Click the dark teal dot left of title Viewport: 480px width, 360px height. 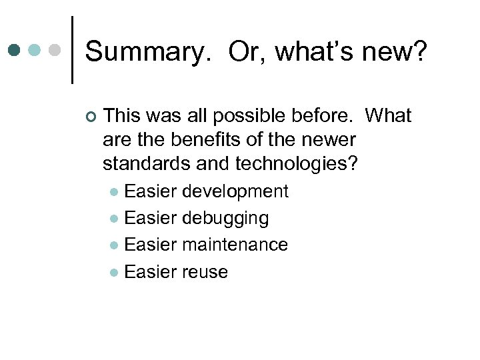pyautogui.click(x=15, y=51)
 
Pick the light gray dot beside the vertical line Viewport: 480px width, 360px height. pyautogui.click(x=55, y=51)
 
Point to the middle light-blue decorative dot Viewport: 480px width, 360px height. pyautogui.click(x=35, y=51)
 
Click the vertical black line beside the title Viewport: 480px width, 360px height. pyautogui.click(x=72, y=50)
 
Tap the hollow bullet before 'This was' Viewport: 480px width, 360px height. pyautogui.click(x=91, y=117)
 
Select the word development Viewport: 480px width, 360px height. pyautogui.click(x=235, y=192)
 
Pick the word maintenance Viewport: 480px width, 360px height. pyautogui.click(x=235, y=245)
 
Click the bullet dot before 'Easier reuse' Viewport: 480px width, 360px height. pyautogui.click(x=115, y=273)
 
